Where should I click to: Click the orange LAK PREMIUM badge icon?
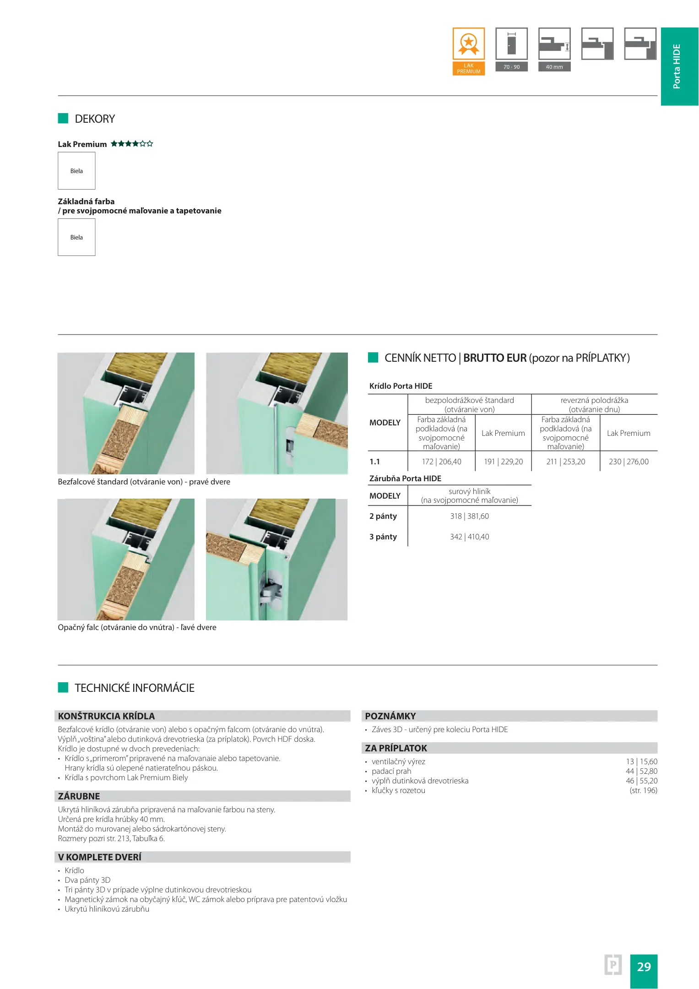tap(468, 51)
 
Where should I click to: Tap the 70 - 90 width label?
tap(511, 67)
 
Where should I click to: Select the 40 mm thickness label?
tap(554, 67)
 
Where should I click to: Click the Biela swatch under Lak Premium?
tap(76, 171)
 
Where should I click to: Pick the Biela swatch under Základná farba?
tap(76, 237)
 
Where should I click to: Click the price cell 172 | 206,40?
tap(441, 462)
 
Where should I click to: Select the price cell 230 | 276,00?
tap(628, 462)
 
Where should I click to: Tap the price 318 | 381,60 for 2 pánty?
tap(469, 516)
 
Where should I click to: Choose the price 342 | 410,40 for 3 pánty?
tap(469, 537)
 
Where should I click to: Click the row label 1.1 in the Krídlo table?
tap(374, 462)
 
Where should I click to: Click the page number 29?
tap(643, 967)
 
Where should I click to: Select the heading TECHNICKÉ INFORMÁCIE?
tap(135, 688)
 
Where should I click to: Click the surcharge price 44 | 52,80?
tap(641, 771)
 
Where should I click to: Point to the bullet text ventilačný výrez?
tap(398, 761)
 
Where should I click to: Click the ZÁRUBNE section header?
tap(79, 796)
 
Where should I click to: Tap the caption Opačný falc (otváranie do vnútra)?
tap(137, 627)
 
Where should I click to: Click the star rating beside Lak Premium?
tap(132, 144)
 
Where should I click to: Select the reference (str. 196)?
tap(643, 790)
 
